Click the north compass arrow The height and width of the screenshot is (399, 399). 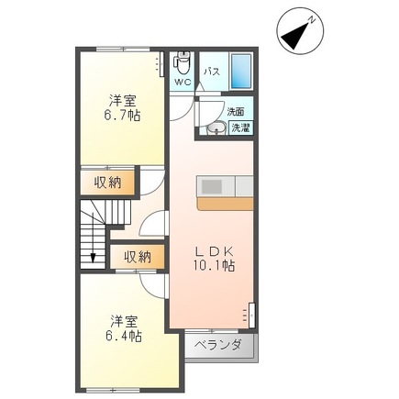(x=297, y=35)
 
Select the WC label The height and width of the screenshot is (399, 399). (x=182, y=82)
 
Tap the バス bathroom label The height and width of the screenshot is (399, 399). (x=210, y=70)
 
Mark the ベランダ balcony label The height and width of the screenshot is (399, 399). (x=221, y=346)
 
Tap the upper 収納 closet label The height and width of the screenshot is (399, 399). (x=106, y=182)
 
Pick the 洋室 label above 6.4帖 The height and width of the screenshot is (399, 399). (x=124, y=320)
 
